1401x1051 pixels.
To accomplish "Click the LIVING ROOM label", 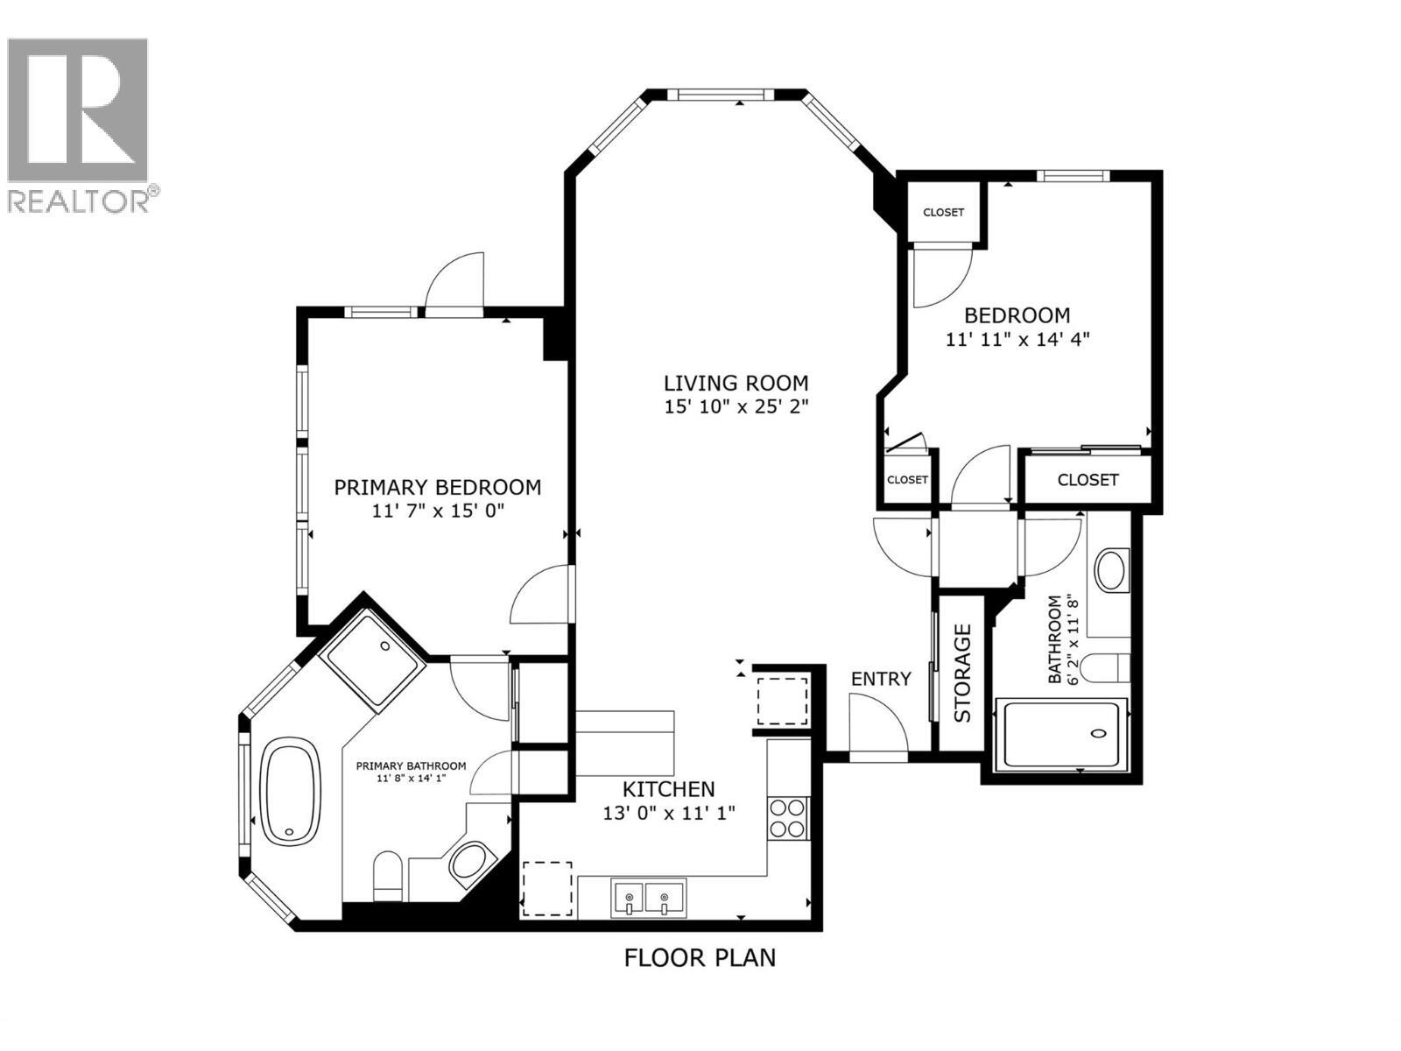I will pyautogui.click(x=736, y=383).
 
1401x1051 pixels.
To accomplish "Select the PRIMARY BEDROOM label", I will pyautogui.click(x=437, y=487).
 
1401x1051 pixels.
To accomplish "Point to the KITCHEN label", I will pyautogui.click(x=669, y=788).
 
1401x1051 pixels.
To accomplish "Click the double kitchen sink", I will pyautogui.click(x=650, y=898).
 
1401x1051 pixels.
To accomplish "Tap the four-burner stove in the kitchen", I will pyautogui.click(x=786, y=818).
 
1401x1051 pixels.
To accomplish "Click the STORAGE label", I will pyautogui.click(x=963, y=673).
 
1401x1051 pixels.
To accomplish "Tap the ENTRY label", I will pyautogui.click(x=881, y=679).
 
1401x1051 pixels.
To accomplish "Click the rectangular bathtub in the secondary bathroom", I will pyautogui.click(x=1060, y=734).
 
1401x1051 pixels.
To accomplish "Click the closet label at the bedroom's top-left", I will pyautogui.click(x=943, y=213).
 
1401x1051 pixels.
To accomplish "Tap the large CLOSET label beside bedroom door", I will pyautogui.click(x=1088, y=480).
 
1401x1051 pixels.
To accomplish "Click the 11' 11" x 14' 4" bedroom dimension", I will pyautogui.click(x=1017, y=338).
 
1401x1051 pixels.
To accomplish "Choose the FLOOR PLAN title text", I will pyautogui.click(x=700, y=958).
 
